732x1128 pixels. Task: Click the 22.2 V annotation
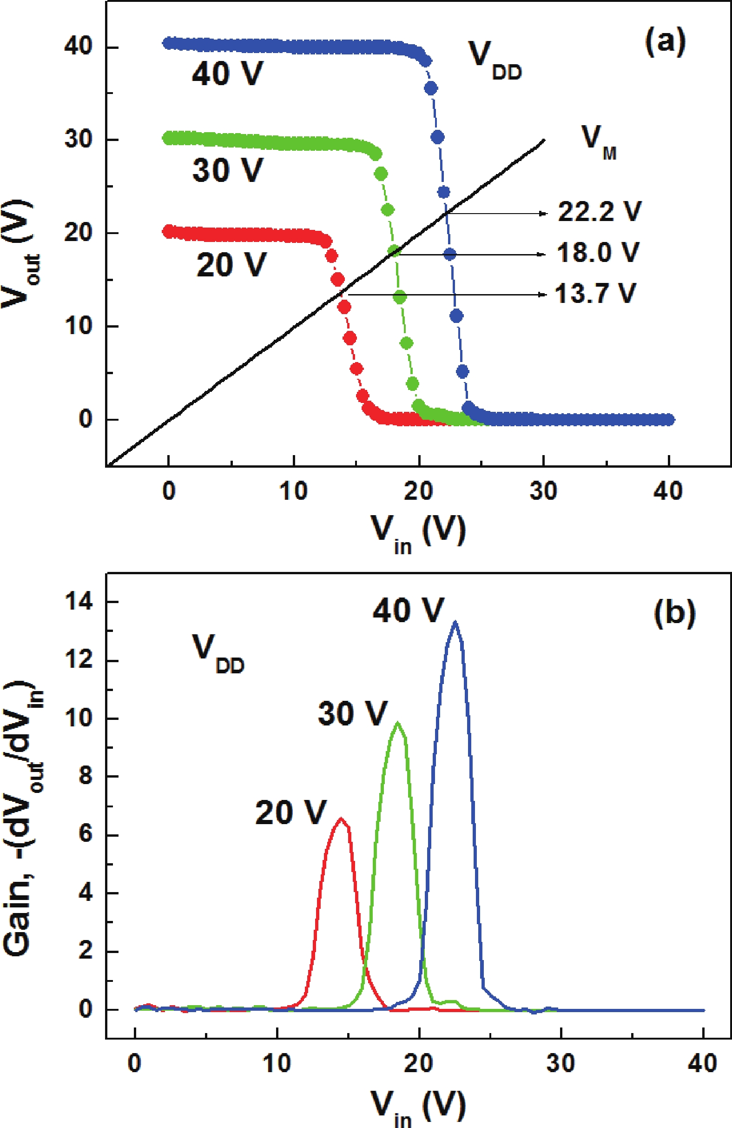(599, 211)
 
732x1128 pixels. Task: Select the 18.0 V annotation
(598, 253)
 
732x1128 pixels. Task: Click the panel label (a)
(665, 42)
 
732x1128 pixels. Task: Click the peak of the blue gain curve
(455, 622)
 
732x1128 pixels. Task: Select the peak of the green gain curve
(397, 723)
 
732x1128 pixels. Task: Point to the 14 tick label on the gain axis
(79, 602)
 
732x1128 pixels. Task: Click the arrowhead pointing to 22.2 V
(544, 214)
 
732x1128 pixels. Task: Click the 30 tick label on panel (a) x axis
(544, 490)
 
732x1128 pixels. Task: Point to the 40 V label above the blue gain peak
(408, 610)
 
